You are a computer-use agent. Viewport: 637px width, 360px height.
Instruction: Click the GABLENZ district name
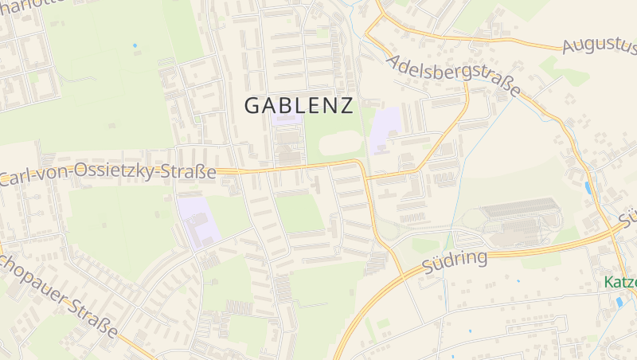299,105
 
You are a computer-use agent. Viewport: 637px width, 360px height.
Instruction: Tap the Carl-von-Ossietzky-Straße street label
107,174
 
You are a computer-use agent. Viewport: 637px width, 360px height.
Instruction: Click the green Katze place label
619,282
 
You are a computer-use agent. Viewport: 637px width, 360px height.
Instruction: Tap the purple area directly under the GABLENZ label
285,120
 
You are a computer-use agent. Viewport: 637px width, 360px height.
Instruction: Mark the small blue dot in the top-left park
135,45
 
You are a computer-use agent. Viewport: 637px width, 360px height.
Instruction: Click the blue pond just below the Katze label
619,302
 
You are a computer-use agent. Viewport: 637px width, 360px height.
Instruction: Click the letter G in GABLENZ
252,105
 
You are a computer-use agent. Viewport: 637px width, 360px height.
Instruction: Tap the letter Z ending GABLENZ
346,105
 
